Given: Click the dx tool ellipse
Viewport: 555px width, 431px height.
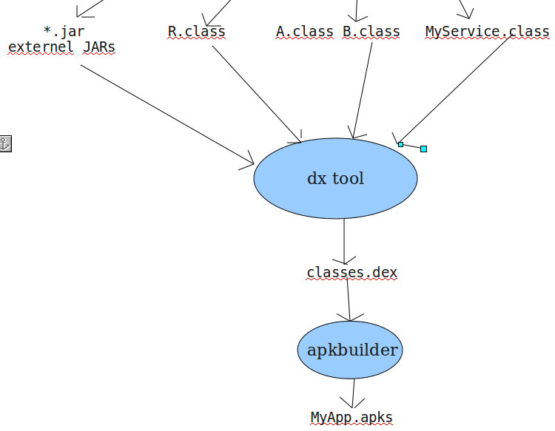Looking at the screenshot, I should coord(335,178).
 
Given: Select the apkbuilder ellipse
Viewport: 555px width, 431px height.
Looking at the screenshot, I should coord(350,350).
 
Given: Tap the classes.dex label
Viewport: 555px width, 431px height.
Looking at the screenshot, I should coord(352,273).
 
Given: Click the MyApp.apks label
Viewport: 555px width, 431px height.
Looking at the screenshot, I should coord(351,418).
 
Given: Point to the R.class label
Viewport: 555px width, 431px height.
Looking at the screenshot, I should coord(196,32).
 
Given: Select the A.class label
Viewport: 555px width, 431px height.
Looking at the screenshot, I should coord(305,32).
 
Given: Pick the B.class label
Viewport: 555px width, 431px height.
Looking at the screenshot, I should coord(371,32).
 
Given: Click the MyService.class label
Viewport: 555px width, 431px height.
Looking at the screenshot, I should coord(487,32).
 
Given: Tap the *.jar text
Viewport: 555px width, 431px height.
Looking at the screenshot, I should coord(64,32).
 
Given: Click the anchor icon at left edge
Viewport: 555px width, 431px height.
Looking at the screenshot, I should coord(5,143).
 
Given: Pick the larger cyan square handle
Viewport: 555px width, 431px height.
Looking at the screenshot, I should coord(423,149).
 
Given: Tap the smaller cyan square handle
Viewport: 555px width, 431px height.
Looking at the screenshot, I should coord(400,144).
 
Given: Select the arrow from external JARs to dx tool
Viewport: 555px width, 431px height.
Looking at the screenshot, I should coord(166,113).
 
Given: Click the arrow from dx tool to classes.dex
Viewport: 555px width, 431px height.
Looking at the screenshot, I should coord(344,240).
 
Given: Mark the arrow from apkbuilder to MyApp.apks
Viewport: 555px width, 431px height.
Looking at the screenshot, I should coord(353,393).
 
